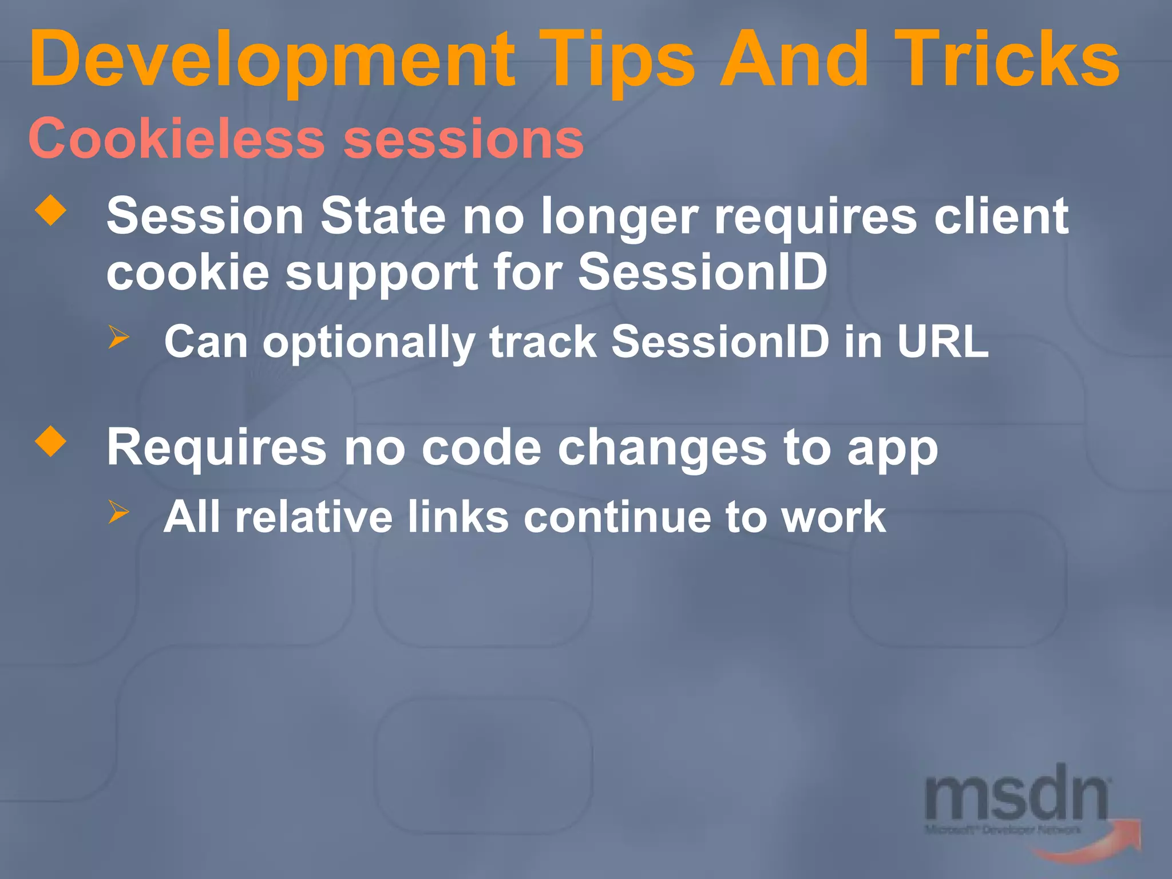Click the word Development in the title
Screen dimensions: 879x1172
coord(272,60)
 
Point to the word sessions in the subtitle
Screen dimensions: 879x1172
coord(464,139)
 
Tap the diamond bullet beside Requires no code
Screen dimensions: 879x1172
coord(51,441)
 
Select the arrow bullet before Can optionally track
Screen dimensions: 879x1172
coord(118,337)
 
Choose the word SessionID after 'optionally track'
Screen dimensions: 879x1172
coord(720,342)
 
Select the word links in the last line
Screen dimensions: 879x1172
coord(458,517)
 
